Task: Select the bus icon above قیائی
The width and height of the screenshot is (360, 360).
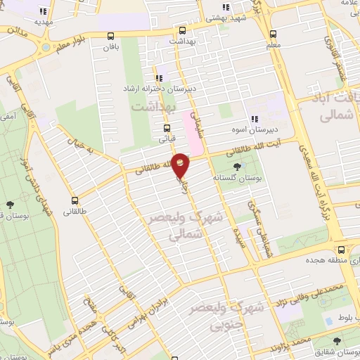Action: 167,128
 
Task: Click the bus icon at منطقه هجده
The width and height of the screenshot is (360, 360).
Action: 341,250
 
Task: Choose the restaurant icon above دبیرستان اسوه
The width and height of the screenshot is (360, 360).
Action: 255,119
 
